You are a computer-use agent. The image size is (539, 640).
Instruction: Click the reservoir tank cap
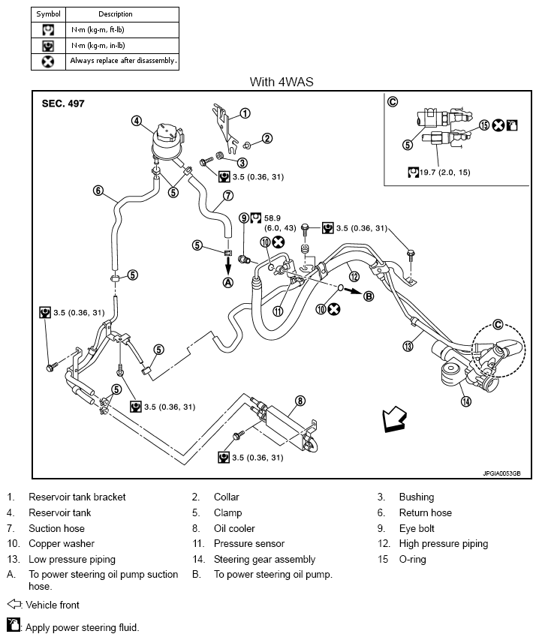click(x=168, y=131)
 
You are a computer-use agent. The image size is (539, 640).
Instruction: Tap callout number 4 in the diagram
click(x=137, y=121)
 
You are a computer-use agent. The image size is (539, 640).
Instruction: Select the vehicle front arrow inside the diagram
click(x=394, y=419)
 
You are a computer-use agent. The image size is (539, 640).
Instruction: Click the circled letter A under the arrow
click(x=228, y=282)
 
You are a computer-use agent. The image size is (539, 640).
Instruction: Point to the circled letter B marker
click(x=369, y=296)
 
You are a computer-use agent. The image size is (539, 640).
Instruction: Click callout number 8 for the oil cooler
click(x=300, y=401)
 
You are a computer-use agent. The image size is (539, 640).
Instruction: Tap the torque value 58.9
click(x=273, y=218)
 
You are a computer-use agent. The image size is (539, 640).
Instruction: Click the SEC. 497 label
click(x=63, y=104)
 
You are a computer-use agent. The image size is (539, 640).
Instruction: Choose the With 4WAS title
click(x=282, y=82)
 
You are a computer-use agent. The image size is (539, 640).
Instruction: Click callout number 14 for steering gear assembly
click(x=466, y=401)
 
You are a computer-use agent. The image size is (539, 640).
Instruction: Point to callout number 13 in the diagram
click(x=408, y=347)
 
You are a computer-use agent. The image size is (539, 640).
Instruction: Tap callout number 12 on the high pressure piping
click(x=354, y=277)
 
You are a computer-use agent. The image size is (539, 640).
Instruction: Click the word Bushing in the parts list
click(x=417, y=497)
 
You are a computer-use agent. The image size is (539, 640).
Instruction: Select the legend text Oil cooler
click(x=234, y=528)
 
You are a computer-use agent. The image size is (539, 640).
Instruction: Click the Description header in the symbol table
click(x=116, y=14)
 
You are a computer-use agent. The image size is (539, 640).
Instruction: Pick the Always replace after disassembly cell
click(x=123, y=61)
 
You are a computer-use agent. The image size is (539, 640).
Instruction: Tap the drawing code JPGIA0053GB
click(x=502, y=473)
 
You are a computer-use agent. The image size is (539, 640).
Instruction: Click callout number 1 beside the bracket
click(x=245, y=113)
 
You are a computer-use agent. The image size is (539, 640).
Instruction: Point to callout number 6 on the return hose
click(x=98, y=191)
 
